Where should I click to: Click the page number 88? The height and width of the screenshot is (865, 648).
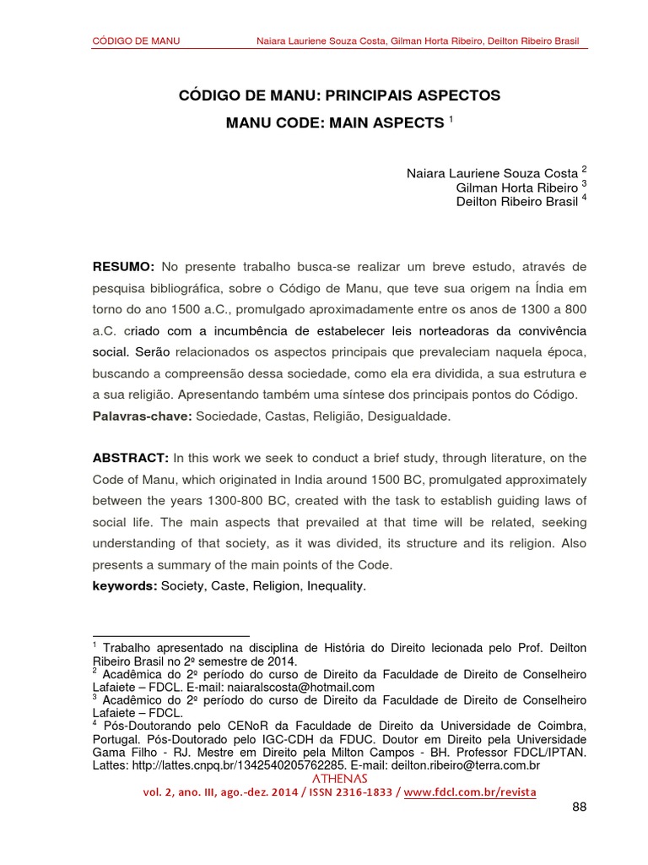point(578,808)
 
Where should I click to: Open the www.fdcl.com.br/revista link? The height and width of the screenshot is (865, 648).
point(469,792)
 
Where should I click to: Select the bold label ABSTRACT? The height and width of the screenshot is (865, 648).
point(131,458)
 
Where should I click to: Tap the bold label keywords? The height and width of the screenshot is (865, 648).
point(125,585)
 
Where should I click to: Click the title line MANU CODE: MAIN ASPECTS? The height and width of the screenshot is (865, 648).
point(334,123)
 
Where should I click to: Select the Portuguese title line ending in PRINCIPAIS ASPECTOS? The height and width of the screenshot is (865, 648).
point(339,95)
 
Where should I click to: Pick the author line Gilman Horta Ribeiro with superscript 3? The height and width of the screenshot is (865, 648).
point(521,187)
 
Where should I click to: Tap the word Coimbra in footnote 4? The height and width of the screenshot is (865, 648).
point(562,726)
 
